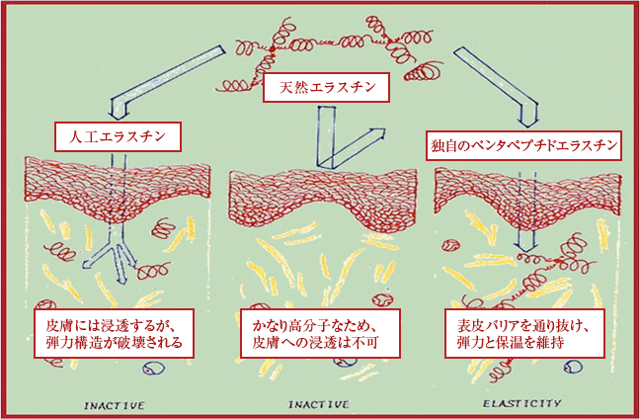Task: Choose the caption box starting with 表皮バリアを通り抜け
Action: pos(522,333)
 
